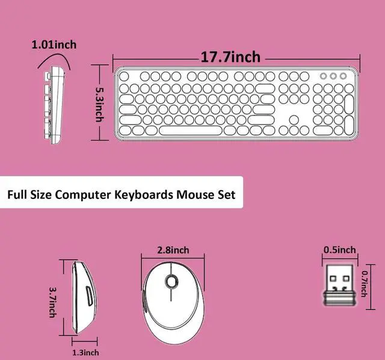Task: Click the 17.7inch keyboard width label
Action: click(x=230, y=57)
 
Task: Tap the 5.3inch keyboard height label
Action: click(x=100, y=105)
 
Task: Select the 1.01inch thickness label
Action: click(x=54, y=45)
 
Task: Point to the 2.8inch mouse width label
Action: click(x=173, y=251)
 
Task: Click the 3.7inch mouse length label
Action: click(x=53, y=302)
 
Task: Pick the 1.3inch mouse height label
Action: click(x=85, y=353)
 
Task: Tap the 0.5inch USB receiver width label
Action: click(x=339, y=250)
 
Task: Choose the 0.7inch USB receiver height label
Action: click(x=365, y=284)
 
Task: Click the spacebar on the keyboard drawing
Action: click(x=189, y=130)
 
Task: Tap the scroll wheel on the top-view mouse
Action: click(x=171, y=281)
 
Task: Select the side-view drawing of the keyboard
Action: click(x=54, y=105)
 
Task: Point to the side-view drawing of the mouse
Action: click(x=84, y=297)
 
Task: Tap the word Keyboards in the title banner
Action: click(x=144, y=195)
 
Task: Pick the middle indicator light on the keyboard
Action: click(x=333, y=76)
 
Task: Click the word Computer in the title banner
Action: click(x=83, y=195)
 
